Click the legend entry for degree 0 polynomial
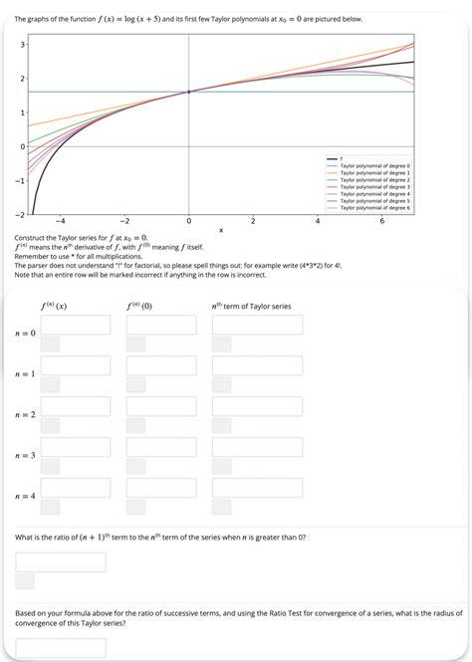click(x=374, y=165)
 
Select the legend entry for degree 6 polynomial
click(x=374, y=207)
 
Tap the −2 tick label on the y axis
click(x=19, y=215)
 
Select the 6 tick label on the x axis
click(x=382, y=220)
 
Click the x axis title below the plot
click(x=221, y=230)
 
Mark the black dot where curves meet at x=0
click(x=188, y=93)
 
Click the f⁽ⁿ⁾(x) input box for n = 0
click(x=76, y=326)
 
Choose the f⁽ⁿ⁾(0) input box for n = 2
click(x=161, y=406)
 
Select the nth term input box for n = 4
click(x=256, y=488)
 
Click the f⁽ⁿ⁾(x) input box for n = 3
click(x=76, y=447)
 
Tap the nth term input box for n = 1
click(x=256, y=365)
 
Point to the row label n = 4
click(x=26, y=496)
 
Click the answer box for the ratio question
click(x=61, y=562)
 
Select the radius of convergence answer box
click(x=61, y=648)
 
